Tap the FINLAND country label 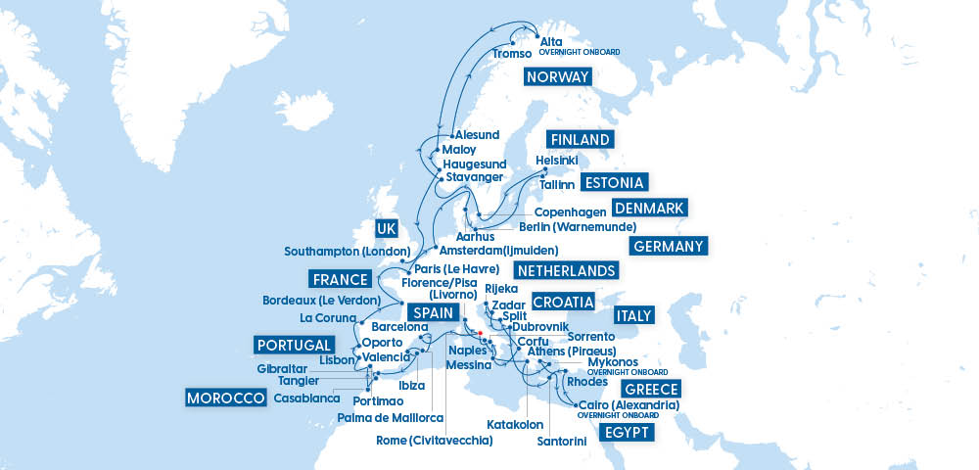(580, 139)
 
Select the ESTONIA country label (614, 183)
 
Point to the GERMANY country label (668, 246)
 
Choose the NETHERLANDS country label (566, 270)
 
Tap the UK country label (386, 229)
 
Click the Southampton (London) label (346, 252)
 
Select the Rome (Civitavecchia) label (434, 441)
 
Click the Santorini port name (561, 442)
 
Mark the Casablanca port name (306, 399)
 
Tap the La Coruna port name (328, 318)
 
